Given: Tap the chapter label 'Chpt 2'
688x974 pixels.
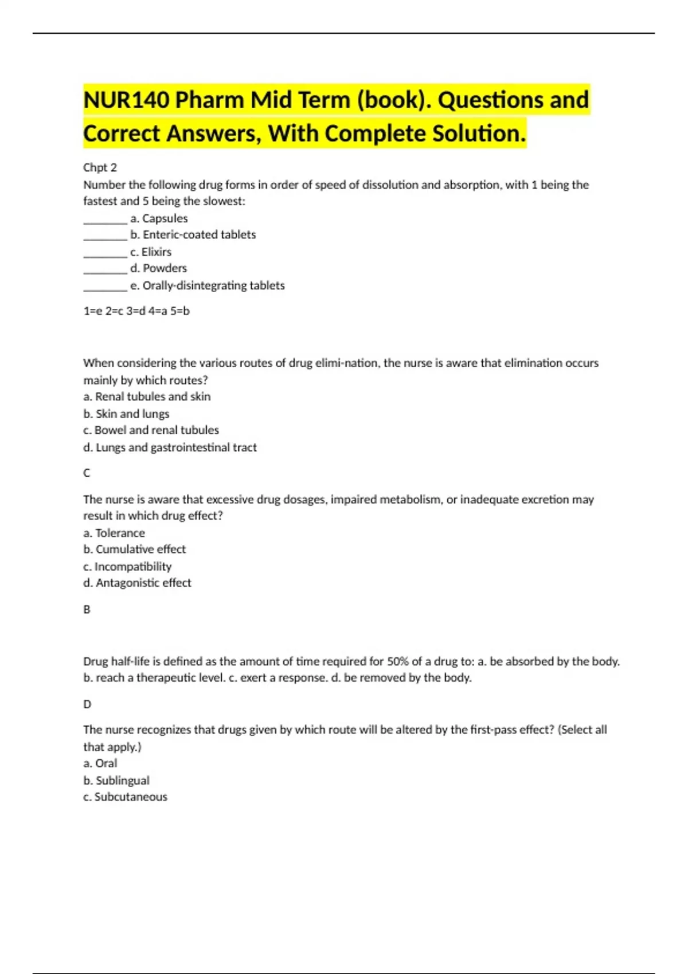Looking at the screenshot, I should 100,167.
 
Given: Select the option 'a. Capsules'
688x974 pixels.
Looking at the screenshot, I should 159,218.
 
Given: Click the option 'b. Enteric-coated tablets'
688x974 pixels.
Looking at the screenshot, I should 193,234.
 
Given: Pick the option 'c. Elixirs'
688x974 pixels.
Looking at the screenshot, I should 150,252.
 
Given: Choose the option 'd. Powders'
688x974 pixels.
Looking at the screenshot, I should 158,268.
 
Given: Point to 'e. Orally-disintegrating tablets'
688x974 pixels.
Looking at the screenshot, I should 207,285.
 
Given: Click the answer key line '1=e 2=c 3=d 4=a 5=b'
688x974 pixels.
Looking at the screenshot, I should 136,311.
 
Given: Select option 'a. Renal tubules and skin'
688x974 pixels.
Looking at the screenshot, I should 147,396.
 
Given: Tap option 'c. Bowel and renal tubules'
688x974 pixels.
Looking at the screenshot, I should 151,430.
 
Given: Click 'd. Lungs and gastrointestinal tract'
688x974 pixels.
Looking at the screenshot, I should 170,447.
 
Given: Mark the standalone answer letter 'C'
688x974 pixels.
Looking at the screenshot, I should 87,473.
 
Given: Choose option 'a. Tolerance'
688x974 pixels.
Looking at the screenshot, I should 114,533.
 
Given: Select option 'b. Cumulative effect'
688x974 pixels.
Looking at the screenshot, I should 134,549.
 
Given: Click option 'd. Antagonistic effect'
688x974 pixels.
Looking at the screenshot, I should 137,583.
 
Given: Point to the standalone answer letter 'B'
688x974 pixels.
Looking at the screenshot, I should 87,609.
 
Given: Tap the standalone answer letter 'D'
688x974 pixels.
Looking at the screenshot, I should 87,704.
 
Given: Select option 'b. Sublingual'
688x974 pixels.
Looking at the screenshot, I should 116,780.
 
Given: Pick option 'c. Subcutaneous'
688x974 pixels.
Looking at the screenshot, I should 125,796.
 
